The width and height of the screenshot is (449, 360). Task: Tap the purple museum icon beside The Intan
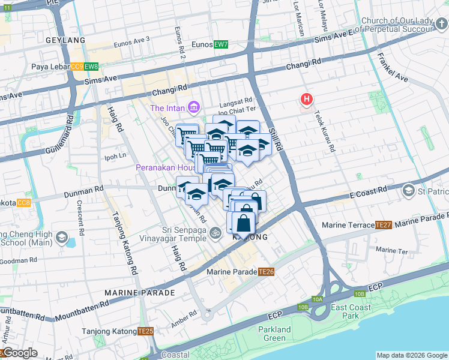click(x=193, y=108)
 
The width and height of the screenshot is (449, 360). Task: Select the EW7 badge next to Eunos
click(x=221, y=44)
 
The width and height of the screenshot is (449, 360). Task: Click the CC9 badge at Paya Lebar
click(x=77, y=67)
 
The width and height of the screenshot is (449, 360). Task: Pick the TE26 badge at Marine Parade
click(x=267, y=272)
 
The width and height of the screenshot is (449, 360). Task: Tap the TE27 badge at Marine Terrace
click(x=383, y=225)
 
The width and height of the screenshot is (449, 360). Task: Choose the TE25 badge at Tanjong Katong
click(x=145, y=331)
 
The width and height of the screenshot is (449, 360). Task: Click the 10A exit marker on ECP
click(x=318, y=299)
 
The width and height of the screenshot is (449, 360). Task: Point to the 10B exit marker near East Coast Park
click(x=360, y=293)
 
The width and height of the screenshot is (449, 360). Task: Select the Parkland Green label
click(x=274, y=334)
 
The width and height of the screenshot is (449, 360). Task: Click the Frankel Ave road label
click(x=393, y=68)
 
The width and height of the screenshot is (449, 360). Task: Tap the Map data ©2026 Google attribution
click(x=411, y=355)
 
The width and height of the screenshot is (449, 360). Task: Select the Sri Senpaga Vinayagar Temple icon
click(x=215, y=232)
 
